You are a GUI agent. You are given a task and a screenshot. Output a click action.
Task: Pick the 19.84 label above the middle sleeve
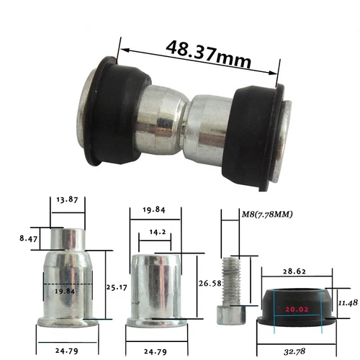(154, 210)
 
